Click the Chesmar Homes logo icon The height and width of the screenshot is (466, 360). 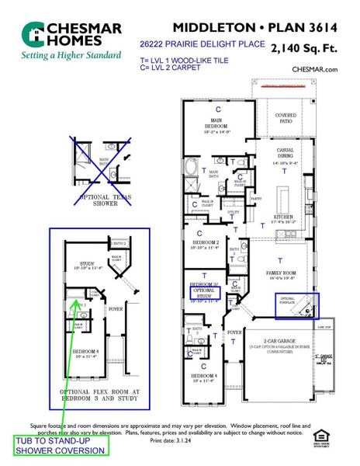pos(34,33)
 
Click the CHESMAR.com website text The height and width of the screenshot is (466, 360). pos(315,69)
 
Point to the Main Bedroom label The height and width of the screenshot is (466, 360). pos(216,125)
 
